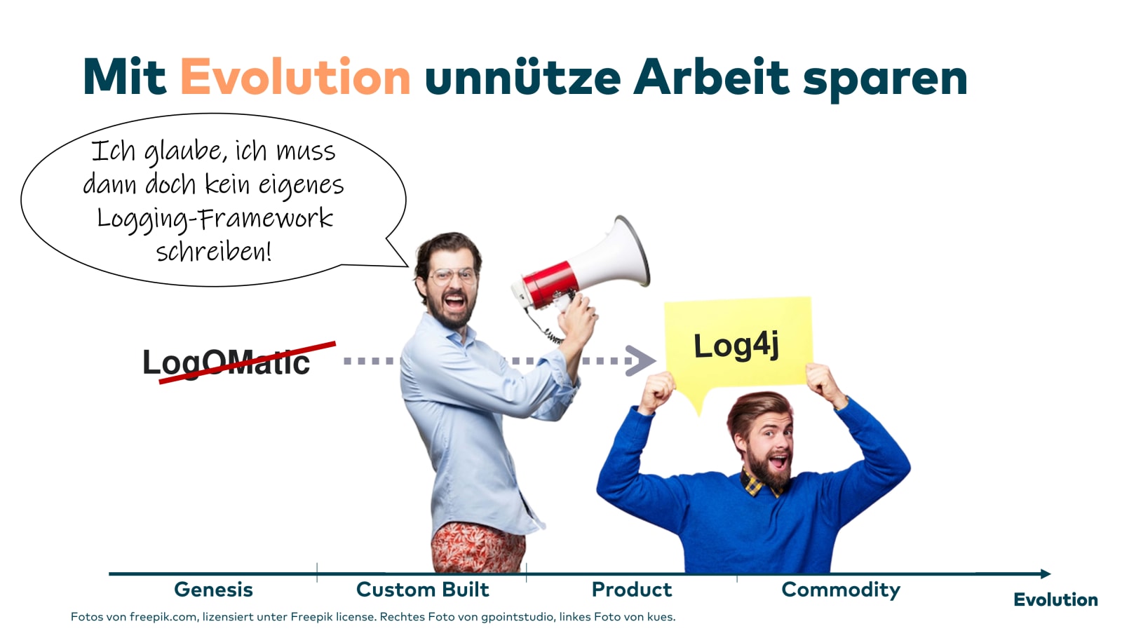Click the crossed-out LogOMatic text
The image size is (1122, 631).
227,362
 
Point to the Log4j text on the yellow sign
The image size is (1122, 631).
736,346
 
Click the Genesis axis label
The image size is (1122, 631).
213,590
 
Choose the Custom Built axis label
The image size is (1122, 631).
422,590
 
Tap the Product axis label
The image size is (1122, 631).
632,590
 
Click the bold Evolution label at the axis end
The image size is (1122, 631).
1055,599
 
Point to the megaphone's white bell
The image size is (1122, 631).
616,255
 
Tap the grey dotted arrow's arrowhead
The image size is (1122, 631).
640,360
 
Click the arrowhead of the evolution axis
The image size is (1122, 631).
1046,574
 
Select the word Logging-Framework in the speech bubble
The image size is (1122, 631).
215,219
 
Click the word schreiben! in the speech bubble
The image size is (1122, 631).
214,251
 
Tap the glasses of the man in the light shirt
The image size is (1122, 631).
452,276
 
